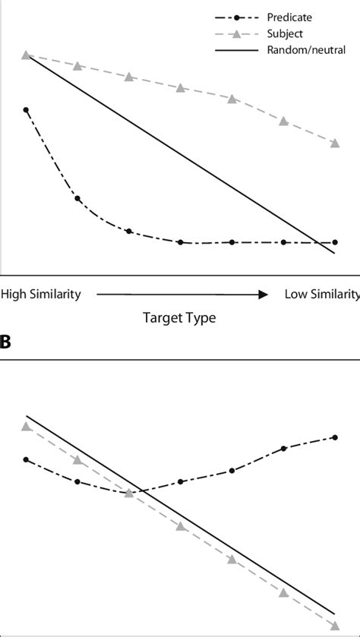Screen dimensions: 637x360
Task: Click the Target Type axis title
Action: (180, 318)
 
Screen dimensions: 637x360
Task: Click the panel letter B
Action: (6, 342)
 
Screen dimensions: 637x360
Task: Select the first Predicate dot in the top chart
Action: (26, 110)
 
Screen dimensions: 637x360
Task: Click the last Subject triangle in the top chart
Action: (335, 143)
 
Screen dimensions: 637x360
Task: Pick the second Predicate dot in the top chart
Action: (77, 198)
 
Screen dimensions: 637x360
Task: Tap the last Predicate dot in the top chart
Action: (335, 242)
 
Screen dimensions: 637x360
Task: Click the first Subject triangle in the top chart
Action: (26, 55)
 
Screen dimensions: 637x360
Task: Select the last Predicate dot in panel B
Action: (335, 437)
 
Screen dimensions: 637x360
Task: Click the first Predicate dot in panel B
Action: (26, 459)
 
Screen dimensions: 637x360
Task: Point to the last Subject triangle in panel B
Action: (335, 626)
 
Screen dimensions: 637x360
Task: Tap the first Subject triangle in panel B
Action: (26, 427)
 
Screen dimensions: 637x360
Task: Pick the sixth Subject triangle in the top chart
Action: (283, 121)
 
